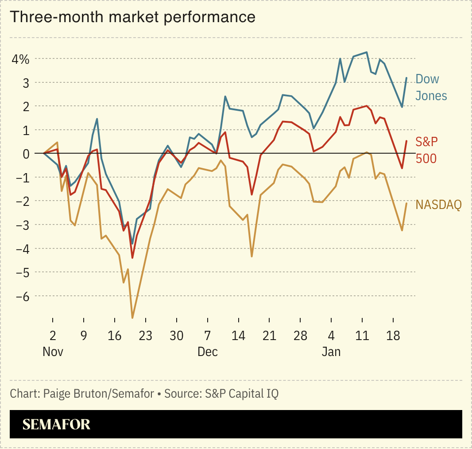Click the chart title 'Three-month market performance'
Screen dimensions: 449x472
coord(132,17)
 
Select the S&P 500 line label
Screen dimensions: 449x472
coord(426,150)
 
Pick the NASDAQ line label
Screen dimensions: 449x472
coord(438,205)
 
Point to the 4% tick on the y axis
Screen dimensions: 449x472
coord(20,59)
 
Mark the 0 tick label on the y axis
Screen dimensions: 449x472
coord(26,154)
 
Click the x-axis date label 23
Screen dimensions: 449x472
coord(145,336)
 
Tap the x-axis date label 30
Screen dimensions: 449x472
coord(176,336)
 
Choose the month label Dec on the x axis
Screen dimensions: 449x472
coord(207,352)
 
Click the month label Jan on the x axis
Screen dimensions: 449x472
coord(331,352)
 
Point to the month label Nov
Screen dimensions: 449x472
coord(53,352)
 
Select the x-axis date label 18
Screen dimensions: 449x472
coord(393,336)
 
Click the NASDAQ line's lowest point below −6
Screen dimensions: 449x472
coord(132,317)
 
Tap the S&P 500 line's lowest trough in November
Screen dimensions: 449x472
coord(132,258)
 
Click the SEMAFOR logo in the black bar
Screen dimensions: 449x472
coord(56,424)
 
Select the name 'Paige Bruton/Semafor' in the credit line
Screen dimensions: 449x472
coord(99,394)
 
